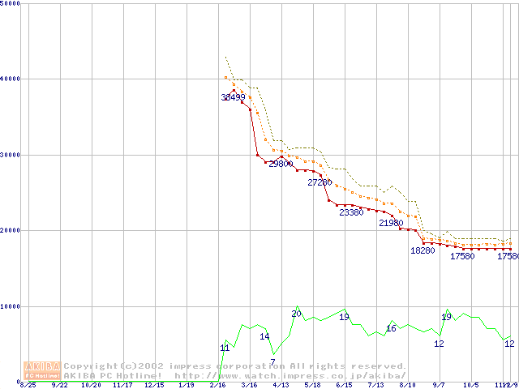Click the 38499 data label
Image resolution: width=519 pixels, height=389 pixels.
point(233,97)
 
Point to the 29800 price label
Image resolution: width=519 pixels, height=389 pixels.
point(281,164)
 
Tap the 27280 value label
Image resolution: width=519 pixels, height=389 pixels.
point(320,182)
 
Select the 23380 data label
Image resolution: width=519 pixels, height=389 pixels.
point(351,212)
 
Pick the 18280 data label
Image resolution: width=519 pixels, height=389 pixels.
point(422,250)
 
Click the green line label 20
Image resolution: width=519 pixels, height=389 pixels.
point(296,313)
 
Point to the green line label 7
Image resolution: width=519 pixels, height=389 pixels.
point(272,361)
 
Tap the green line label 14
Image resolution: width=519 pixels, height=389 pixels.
point(264,336)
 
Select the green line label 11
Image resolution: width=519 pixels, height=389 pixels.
point(225,348)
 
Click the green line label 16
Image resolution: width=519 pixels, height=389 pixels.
point(391,328)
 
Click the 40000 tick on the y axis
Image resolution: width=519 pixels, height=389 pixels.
point(11,79)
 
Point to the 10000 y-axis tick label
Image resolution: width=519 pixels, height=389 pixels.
point(11,306)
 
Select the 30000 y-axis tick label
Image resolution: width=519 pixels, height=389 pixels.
point(11,154)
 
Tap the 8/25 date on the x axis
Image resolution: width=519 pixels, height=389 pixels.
point(28,386)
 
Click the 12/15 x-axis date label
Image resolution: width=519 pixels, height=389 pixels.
point(154,386)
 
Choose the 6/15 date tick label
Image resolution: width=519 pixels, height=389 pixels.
point(344,386)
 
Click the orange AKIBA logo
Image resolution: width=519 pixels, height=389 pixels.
point(42,370)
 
